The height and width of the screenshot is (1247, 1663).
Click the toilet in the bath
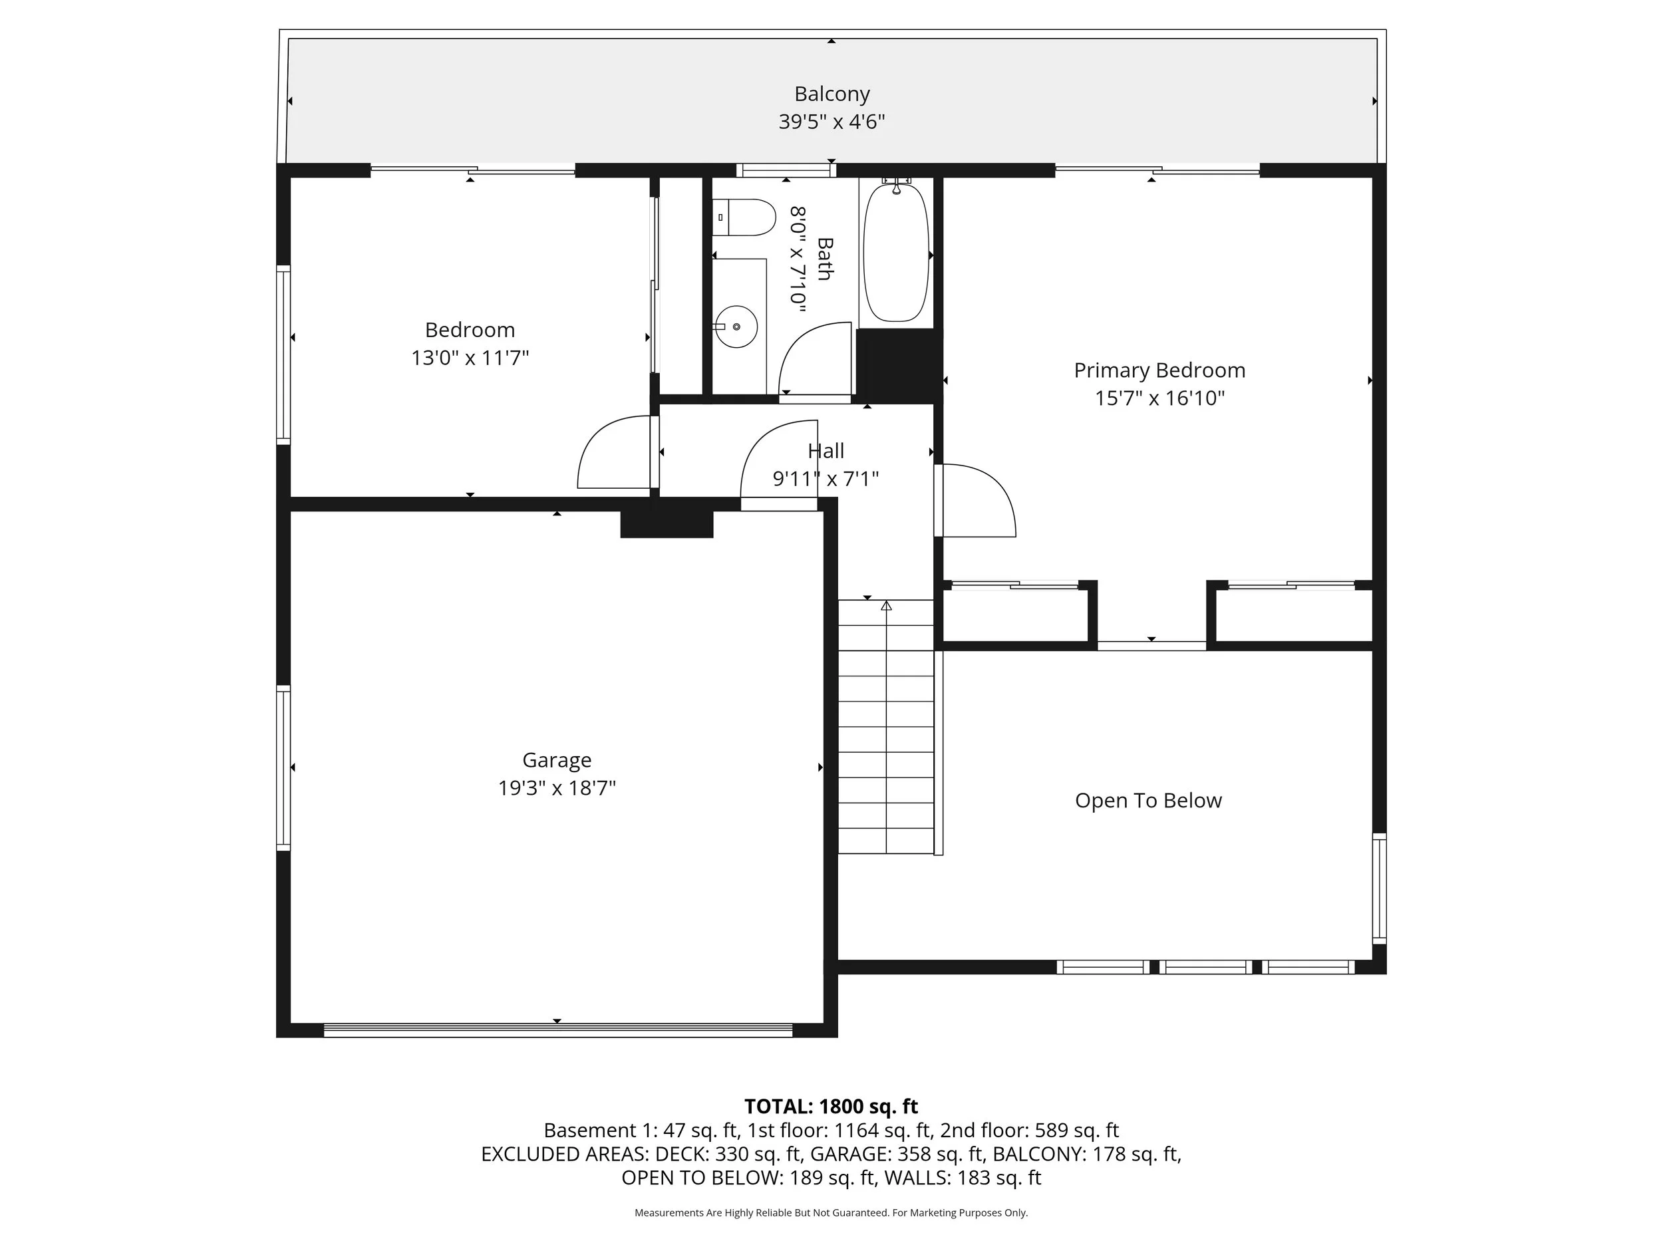pyautogui.click(x=744, y=217)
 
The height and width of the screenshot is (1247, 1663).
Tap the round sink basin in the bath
pyautogui.click(x=736, y=327)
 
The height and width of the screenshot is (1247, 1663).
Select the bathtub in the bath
pyautogui.click(x=896, y=252)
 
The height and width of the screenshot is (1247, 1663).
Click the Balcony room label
pyautogui.click(x=831, y=94)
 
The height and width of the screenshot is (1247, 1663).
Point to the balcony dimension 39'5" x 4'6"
pyautogui.click(x=831, y=122)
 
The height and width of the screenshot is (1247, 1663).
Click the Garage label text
pyautogui.click(x=557, y=761)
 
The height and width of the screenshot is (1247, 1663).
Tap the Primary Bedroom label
pyautogui.click(x=1159, y=370)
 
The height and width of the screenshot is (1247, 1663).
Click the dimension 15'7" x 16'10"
pyautogui.click(x=1159, y=398)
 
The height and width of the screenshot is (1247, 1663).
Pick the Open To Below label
pyautogui.click(x=1148, y=801)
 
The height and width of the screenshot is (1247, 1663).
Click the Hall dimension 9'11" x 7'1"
pyautogui.click(x=826, y=479)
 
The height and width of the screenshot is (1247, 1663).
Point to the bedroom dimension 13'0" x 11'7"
pyautogui.click(x=470, y=358)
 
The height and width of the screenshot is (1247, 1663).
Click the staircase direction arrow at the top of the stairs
pyautogui.click(x=887, y=606)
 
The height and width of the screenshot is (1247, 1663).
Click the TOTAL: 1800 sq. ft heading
pyautogui.click(x=831, y=1107)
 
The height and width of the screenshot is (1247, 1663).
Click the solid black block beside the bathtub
pyautogui.click(x=899, y=365)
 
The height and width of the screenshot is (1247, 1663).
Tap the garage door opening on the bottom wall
pyautogui.click(x=558, y=1031)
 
